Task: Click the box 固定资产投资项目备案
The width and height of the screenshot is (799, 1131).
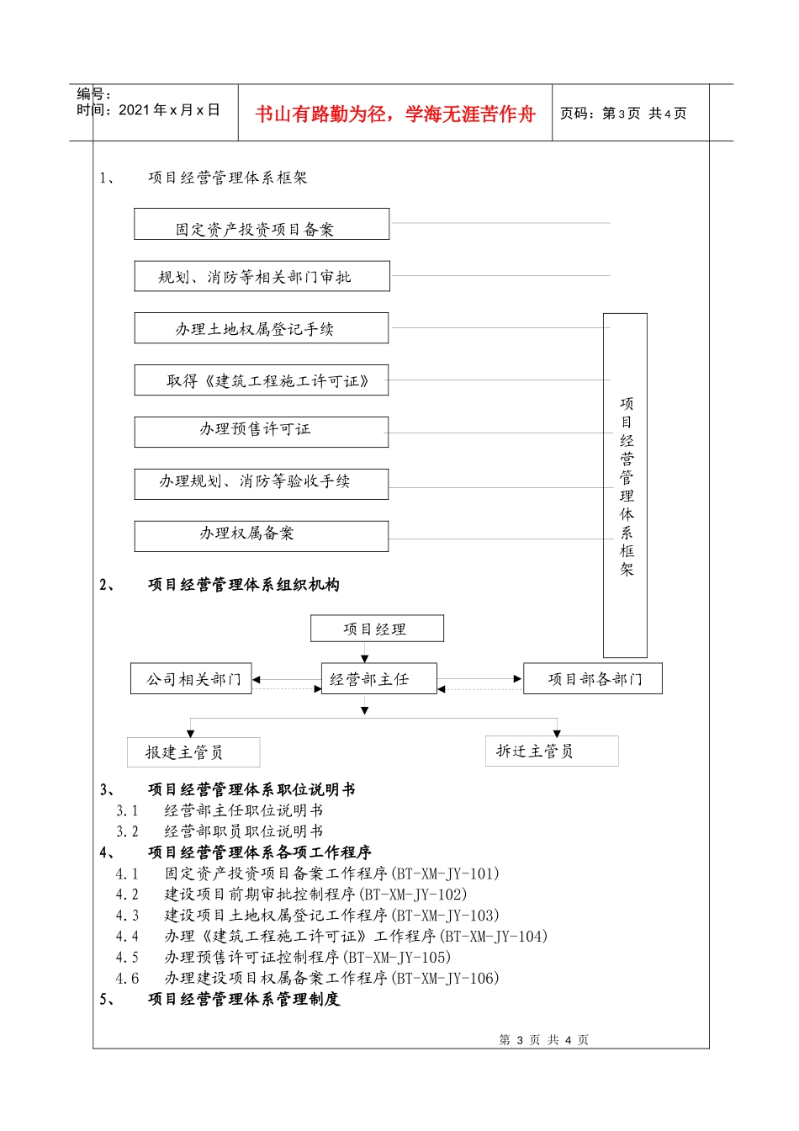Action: coord(262,225)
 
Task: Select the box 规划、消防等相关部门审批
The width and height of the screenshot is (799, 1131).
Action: coord(262,277)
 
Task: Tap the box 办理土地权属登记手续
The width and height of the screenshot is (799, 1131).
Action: coord(262,328)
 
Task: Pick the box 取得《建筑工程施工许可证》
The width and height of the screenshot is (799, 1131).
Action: coord(262,380)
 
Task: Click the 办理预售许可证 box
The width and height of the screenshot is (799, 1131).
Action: coord(262,432)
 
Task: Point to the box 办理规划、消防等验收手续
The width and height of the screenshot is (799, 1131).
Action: coord(262,484)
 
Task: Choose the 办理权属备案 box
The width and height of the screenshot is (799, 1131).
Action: coord(262,536)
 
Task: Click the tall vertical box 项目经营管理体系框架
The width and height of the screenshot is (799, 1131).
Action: coord(625,486)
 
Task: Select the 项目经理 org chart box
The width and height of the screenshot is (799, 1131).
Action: coord(377,629)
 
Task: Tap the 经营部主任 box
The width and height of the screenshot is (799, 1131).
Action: coord(379,679)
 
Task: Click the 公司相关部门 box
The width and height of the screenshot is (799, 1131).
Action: coord(191,679)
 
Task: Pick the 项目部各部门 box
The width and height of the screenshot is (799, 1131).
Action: coord(593,679)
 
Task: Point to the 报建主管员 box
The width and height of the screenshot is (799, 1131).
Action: coord(193,752)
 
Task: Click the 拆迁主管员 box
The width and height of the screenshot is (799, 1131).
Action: coord(552,751)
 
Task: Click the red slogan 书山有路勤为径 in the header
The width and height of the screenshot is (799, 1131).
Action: coord(395,114)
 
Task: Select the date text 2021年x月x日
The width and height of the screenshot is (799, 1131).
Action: coord(169,110)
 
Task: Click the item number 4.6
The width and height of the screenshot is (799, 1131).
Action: coord(127,979)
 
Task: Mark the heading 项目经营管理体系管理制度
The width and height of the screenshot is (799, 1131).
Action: coord(244,1000)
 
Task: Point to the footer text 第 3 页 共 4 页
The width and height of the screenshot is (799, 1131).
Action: coord(544,1040)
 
